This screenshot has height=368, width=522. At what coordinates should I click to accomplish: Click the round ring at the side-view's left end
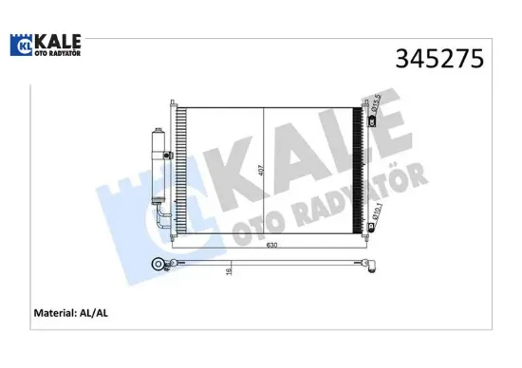point(157,263)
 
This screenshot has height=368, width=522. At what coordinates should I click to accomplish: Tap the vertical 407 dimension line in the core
point(261,171)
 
